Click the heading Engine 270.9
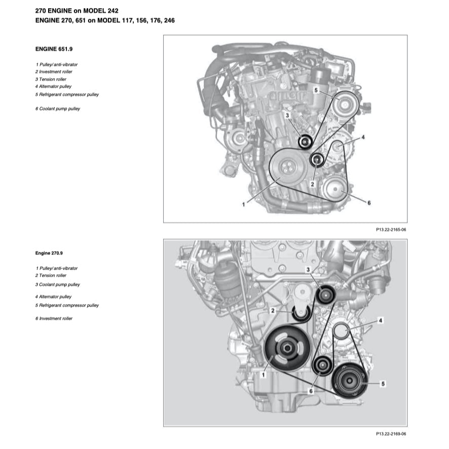click(x=49, y=252)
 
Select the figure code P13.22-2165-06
click(x=391, y=230)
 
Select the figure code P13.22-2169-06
click(x=391, y=434)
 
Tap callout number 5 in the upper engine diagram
click(x=316, y=90)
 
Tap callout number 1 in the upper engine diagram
click(x=244, y=204)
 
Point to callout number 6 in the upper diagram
click(x=369, y=203)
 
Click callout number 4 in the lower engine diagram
click(x=381, y=320)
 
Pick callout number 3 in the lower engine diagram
click(x=308, y=269)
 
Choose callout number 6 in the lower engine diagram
click(x=311, y=391)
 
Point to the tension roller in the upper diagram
click(x=305, y=142)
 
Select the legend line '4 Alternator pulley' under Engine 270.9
click(x=54, y=296)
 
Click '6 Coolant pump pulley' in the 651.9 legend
click(x=58, y=108)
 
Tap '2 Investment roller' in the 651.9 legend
click(x=54, y=72)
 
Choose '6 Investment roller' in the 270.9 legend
click(x=54, y=318)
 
